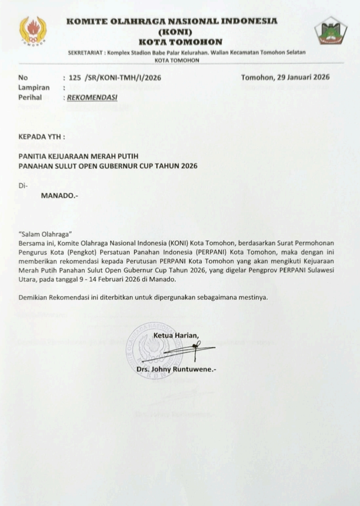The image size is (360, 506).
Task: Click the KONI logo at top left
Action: tap(33, 31)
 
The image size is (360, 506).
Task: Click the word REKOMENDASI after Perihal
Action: tap(92, 97)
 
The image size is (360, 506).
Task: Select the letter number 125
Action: tap(75, 77)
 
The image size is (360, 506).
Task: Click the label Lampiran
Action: tap(34, 88)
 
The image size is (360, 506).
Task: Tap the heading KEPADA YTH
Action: tap(42, 137)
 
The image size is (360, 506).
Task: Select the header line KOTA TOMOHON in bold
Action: tap(180, 42)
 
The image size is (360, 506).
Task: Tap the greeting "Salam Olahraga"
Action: tap(45, 234)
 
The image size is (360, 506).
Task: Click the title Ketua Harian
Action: tap(176, 336)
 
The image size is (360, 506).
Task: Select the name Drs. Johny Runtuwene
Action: tap(176, 369)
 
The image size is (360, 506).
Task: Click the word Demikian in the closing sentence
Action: tap(33, 297)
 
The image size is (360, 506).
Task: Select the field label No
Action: tap(23, 77)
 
